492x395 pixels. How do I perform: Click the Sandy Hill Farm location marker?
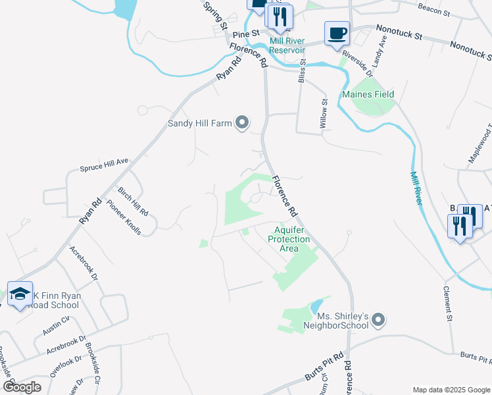pyautogui.click(x=243, y=122)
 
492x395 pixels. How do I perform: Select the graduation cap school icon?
pyautogui.click(x=20, y=294)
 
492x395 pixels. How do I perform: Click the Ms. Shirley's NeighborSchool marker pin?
pyautogui.click(x=378, y=321)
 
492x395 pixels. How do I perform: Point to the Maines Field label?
pyautogui.click(x=368, y=95)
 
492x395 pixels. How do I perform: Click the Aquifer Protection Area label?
pyautogui.click(x=289, y=239)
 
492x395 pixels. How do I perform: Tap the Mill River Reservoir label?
pyautogui.click(x=287, y=45)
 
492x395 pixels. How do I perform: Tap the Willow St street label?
pyautogui.click(x=324, y=112)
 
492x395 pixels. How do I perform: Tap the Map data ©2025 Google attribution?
pyautogui.click(x=451, y=390)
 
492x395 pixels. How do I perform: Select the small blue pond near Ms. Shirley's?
pyautogui.click(x=315, y=306)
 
